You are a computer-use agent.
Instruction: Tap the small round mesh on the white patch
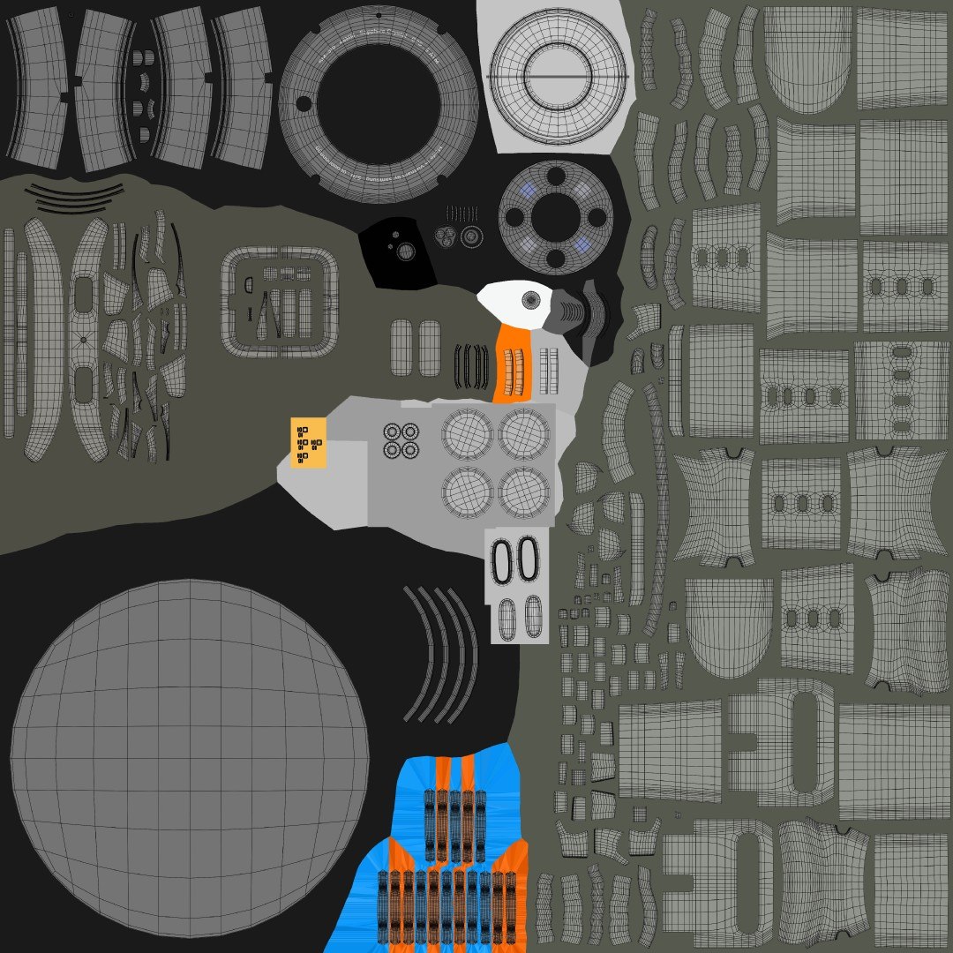[531, 300]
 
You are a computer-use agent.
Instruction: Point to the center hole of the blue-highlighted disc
[555, 215]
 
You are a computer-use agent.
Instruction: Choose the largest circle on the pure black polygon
[406, 252]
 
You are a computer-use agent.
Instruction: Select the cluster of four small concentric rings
[401, 440]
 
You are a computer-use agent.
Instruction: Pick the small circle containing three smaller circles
[446, 236]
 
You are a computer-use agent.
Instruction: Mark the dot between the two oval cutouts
[84, 340]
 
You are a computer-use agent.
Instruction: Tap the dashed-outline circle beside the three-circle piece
[472, 236]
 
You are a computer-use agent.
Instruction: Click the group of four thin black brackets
[472, 365]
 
